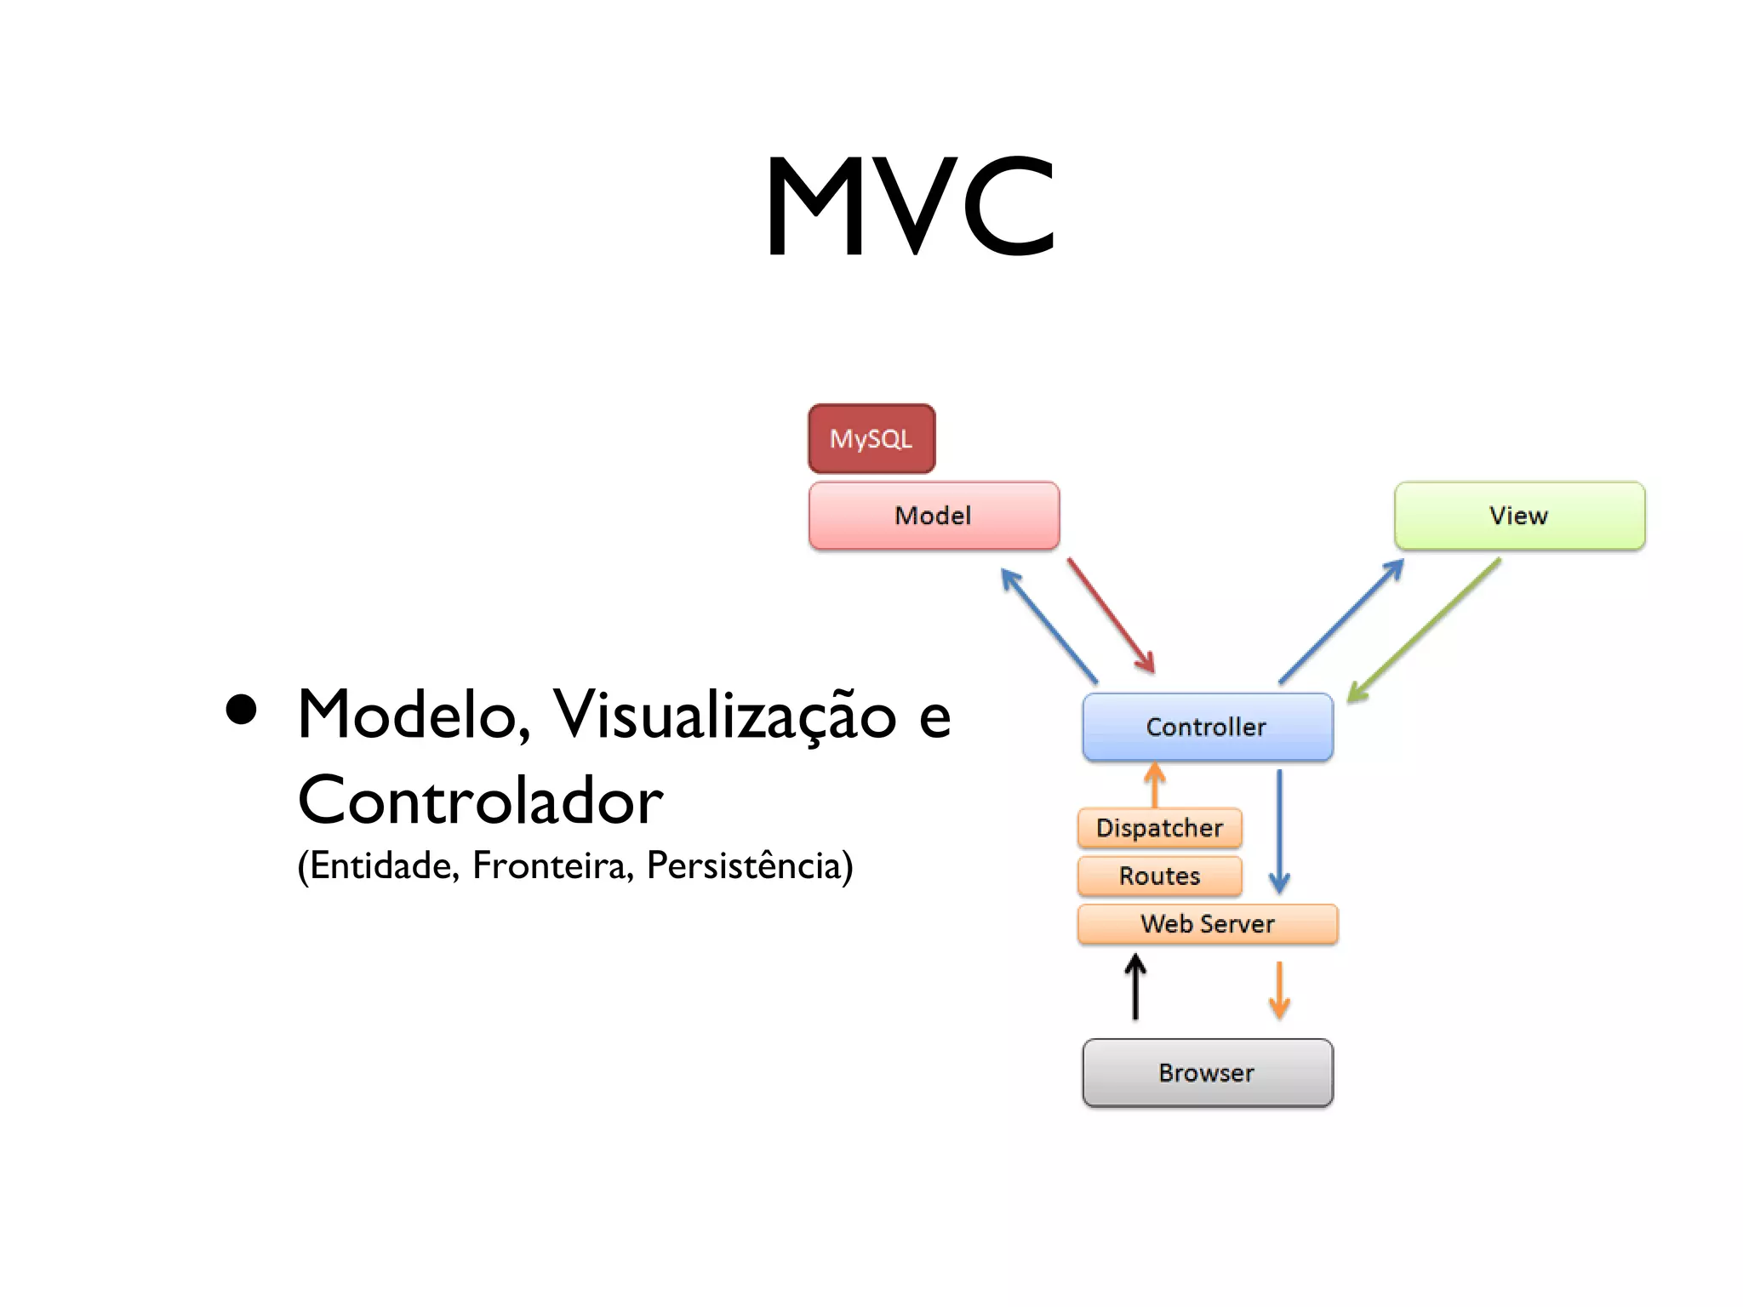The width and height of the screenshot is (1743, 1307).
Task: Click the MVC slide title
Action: [x=909, y=206]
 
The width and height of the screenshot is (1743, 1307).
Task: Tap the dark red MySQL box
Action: [x=871, y=439]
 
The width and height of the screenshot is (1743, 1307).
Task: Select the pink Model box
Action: [x=934, y=516]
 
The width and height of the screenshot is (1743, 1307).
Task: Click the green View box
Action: [x=1519, y=516]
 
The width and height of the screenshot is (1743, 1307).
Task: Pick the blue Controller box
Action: [x=1207, y=727]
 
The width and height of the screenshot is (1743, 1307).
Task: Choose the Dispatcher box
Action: [x=1159, y=828]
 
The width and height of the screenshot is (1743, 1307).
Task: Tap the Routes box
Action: [x=1159, y=876]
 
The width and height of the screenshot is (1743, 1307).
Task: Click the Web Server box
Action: [x=1207, y=924]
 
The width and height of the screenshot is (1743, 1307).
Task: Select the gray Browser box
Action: [x=1207, y=1073]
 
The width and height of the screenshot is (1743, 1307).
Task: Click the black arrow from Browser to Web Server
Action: [x=1135, y=987]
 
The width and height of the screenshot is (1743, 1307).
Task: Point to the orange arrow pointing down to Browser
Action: [x=1278, y=990]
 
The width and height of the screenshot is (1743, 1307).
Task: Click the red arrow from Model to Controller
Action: [x=1111, y=615]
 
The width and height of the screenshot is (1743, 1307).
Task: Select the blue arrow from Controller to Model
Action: [x=1049, y=626]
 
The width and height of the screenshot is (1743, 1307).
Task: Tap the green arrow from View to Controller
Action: [x=1424, y=631]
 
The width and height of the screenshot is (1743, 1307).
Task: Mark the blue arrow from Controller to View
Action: [x=1341, y=621]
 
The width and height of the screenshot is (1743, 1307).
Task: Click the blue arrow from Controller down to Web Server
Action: [x=1279, y=830]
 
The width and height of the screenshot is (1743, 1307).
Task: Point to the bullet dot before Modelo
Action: [x=242, y=710]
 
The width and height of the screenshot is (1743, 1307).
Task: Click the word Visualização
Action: [x=724, y=715]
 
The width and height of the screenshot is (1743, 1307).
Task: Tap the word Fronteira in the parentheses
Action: [x=552, y=865]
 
